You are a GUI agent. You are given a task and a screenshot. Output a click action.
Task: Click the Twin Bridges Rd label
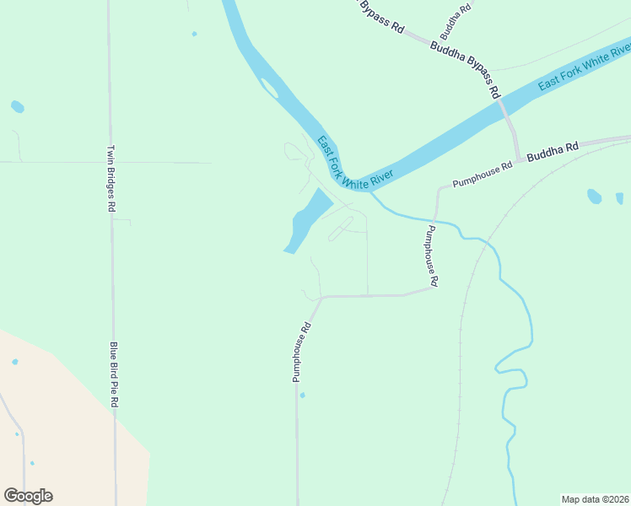point(111,179)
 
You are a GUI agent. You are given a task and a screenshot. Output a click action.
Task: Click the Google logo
point(28,496)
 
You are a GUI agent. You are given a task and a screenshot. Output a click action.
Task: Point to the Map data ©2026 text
point(596,499)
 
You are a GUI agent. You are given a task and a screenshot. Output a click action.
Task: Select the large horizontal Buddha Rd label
point(553,152)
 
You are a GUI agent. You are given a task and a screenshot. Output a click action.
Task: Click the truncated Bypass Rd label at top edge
point(381,15)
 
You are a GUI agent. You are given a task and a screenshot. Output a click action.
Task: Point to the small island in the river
point(269,88)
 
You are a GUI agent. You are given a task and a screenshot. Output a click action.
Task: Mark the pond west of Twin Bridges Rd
point(17,107)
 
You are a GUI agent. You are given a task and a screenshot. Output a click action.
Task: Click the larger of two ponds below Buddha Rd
point(594,196)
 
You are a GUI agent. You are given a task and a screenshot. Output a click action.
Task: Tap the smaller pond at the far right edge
point(619,198)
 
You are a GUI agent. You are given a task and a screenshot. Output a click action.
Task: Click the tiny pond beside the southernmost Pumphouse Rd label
point(302,395)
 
